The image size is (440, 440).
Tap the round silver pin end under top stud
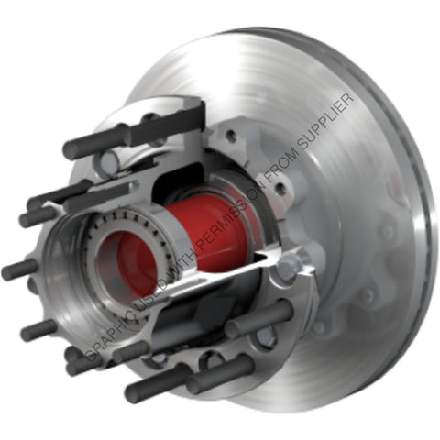point(109,164)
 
